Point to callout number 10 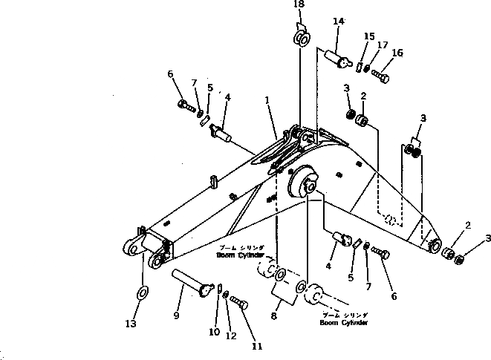click(x=214, y=332)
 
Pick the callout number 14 click(x=339, y=22)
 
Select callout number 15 click(x=369, y=36)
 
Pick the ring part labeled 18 click(x=300, y=37)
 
